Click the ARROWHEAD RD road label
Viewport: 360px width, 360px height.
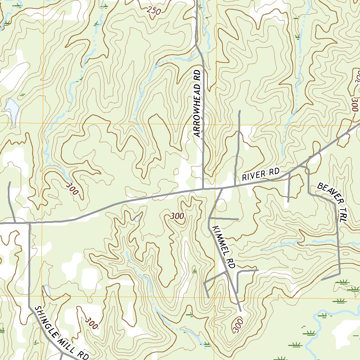coord(198,103)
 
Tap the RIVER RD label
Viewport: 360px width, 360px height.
coord(261,175)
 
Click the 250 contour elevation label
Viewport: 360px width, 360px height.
coord(154,11)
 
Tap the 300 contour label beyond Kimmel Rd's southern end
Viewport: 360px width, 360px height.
coord(238,325)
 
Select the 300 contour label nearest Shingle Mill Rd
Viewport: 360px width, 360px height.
coord(91,323)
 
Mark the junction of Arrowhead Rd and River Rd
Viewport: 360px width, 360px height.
coord(203,189)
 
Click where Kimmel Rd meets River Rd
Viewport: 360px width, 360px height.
coord(223,188)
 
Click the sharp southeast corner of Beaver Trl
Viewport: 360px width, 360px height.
coord(340,273)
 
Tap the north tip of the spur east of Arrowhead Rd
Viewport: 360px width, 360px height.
coord(239,111)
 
